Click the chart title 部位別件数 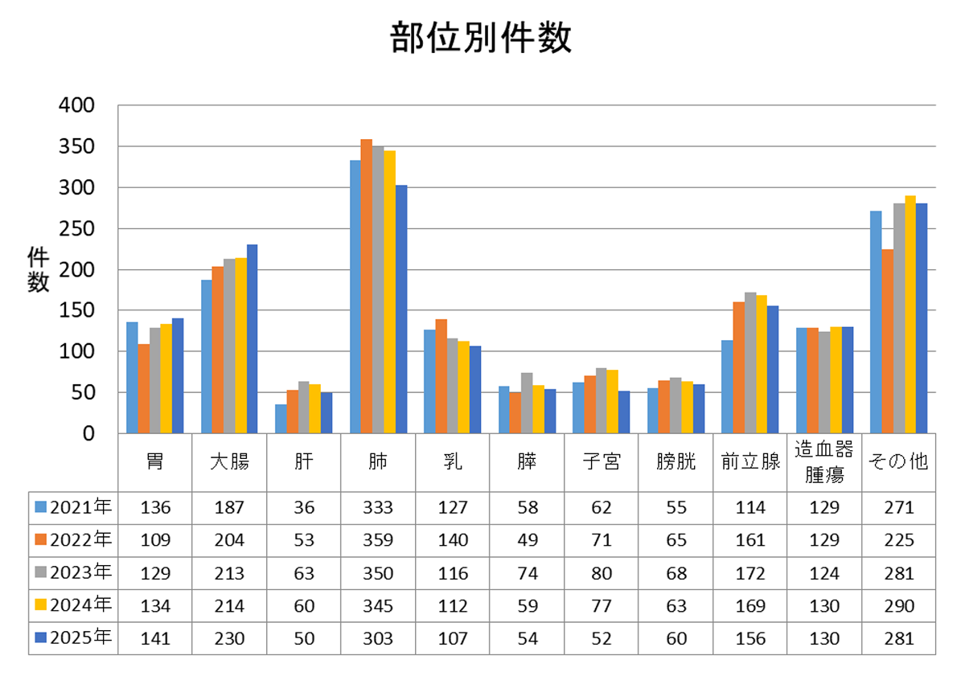pyautogui.click(x=481, y=38)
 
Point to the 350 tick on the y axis pyautogui.click(x=76, y=147)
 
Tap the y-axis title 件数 pyautogui.click(x=38, y=269)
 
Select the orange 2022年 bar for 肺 pyautogui.click(x=366, y=286)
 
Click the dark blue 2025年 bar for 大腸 pyautogui.click(x=252, y=339)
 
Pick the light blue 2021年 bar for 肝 pyautogui.click(x=281, y=419)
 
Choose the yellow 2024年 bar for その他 pyautogui.click(x=910, y=314)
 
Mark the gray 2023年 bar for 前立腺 pyautogui.click(x=750, y=363)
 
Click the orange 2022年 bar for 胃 pyautogui.click(x=143, y=388)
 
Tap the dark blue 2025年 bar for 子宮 pyautogui.click(x=624, y=412)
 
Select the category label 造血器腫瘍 pyautogui.click(x=823, y=462)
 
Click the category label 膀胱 pyautogui.click(x=675, y=461)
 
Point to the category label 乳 pyautogui.click(x=452, y=461)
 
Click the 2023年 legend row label pyautogui.click(x=80, y=572)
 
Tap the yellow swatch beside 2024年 pyautogui.click(x=40, y=604)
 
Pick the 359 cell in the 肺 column pyautogui.click(x=378, y=540)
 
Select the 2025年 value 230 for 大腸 pyautogui.click(x=229, y=638)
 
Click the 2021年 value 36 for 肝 pyautogui.click(x=304, y=508)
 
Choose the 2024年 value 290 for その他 pyautogui.click(x=899, y=606)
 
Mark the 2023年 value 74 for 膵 pyautogui.click(x=528, y=574)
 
